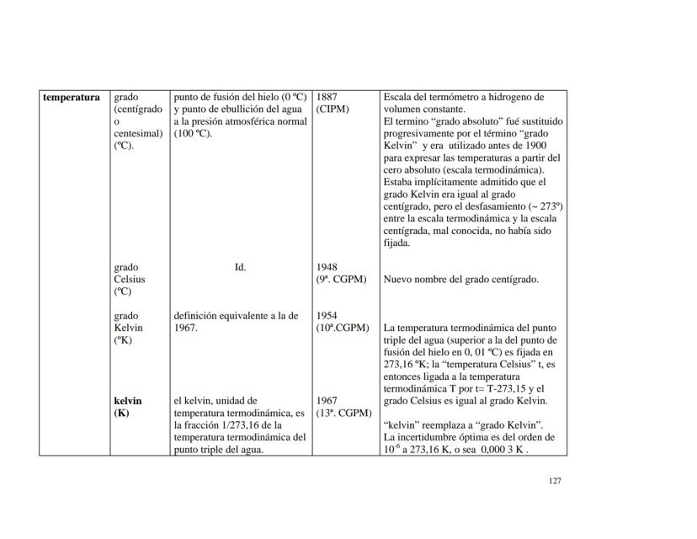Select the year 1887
pyautogui.click(x=327, y=97)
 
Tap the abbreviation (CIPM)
pyautogui.click(x=333, y=109)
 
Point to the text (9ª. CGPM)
pyautogui.click(x=342, y=280)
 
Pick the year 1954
pyautogui.click(x=327, y=316)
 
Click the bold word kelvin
pyautogui.click(x=128, y=401)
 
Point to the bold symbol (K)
pyautogui.click(x=121, y=414)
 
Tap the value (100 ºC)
pyautogui.click(x=194, y=133)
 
